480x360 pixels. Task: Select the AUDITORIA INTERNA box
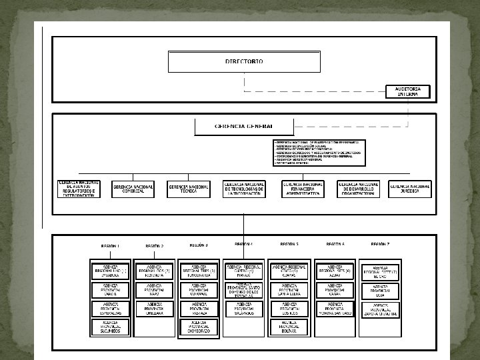pos(408,91)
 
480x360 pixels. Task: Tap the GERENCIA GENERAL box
pos(244,126)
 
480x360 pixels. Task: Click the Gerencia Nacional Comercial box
pos(133,189)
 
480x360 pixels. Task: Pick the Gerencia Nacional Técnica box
pos(188,189)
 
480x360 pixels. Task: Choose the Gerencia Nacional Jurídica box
pos(410,189)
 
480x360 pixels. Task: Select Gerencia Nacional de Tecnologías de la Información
pos(244,189)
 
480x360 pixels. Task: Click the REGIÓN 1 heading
pos(111,246)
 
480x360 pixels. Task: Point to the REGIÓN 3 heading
pos(199,245)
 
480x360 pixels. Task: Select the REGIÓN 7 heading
pos(380,245)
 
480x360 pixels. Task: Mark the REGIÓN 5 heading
pos(289,245)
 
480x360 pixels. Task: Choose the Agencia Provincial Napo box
pos(154,289)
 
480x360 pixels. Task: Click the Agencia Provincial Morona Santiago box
pos(335,308)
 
